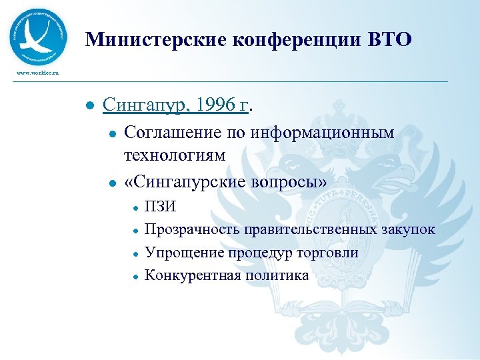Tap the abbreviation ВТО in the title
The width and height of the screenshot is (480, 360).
coord(390,41)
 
